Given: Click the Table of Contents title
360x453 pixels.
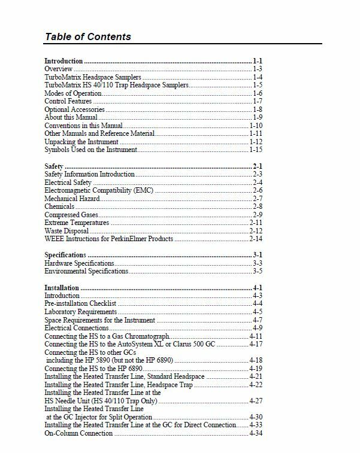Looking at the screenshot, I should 87,37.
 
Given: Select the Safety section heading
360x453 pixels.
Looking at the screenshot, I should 55,166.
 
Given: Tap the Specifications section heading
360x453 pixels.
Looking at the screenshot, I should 65,255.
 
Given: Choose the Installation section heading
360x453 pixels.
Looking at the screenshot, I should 62,288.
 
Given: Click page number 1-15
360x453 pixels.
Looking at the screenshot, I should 256,150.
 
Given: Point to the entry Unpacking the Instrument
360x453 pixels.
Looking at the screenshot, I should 82,142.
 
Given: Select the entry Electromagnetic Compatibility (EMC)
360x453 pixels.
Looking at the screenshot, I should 99,190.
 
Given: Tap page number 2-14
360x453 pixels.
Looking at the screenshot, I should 256,239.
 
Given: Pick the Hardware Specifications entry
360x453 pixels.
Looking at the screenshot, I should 80,263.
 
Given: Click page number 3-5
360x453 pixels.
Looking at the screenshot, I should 258,272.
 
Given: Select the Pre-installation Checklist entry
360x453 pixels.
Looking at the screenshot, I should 80,304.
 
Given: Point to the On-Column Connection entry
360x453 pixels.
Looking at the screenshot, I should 78,433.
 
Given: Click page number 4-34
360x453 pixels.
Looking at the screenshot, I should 256,433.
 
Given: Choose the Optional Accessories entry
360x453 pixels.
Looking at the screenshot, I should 75,110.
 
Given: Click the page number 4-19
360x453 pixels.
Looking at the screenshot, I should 256,369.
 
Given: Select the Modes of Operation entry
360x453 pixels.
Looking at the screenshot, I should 73,94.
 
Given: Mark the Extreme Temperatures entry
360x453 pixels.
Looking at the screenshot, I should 77,223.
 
